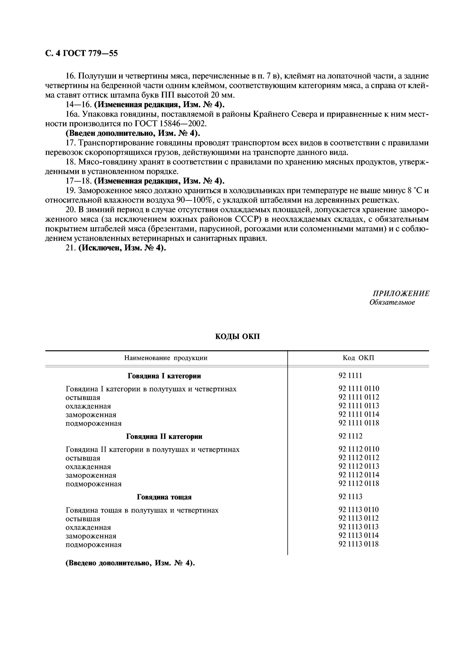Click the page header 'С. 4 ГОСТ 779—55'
(x=81, y=53)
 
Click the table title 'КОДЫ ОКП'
(x=237, y=337)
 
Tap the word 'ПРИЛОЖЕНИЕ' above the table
(x=401, y=293)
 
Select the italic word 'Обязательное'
(x=392, y=302)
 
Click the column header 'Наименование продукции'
(x=166, y=358)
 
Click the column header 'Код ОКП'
(x=358, y=358)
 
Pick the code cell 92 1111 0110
(x=359, y=388)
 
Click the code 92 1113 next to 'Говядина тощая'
(x=350, y=496)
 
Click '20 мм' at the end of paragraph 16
(x=222, y=95)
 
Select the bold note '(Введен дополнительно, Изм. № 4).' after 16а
(x=133, y=133)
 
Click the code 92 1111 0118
(x=359, y=423)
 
